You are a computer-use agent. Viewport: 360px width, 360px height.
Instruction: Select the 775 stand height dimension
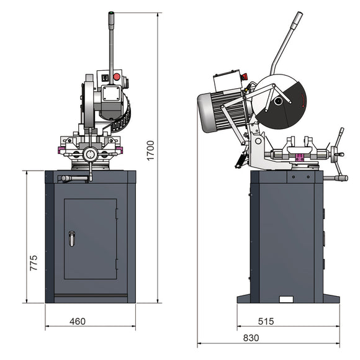(34, 262)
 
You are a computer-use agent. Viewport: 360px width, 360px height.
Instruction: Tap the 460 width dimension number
(77, 321)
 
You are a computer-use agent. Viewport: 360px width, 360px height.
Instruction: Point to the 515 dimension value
(266, 321)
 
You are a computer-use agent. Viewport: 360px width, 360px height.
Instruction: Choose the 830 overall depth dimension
(251, 338)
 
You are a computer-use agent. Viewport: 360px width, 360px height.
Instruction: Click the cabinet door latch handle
(71, 238)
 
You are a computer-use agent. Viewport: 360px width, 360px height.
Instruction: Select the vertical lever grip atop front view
(111, 20)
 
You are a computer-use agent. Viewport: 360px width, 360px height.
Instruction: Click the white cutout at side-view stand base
(286, 300)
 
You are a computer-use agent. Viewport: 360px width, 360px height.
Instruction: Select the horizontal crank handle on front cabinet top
(73, 178)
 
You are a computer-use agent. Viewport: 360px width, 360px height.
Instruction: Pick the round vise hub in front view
(91, 153)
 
